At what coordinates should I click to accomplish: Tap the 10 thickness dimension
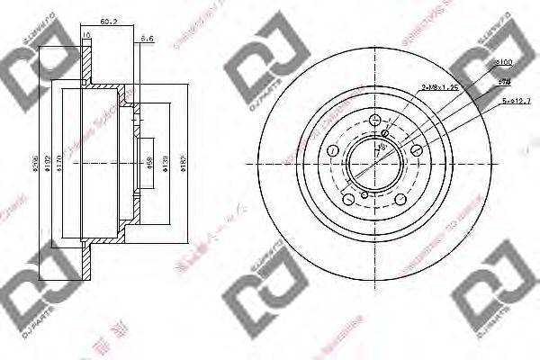pos(85,35)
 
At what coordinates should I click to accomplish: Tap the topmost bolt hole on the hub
pos(375,121)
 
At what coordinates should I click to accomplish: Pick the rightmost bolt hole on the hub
pos(417,150)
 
